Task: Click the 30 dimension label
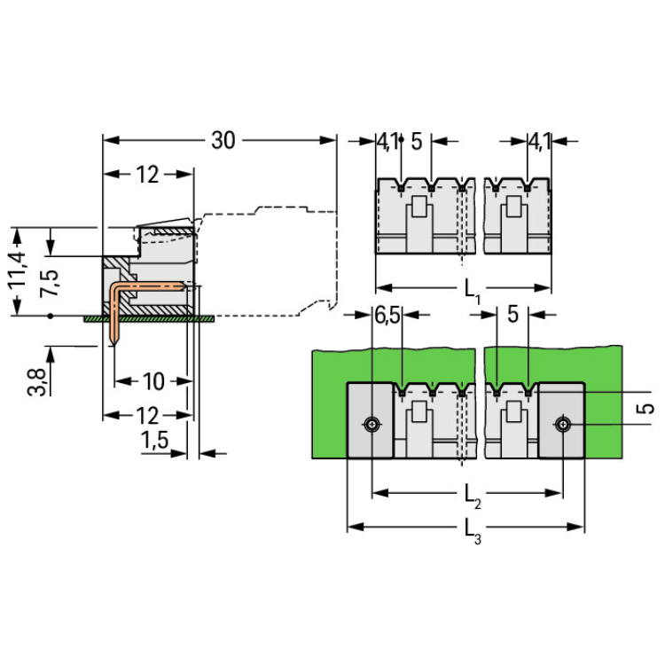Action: tap(223, 140)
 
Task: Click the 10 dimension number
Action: tap(153, 382)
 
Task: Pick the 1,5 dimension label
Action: tap(154, 441)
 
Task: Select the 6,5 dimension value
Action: tap(387, 315)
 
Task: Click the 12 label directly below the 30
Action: tap(147, 175)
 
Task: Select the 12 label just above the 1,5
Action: tap(147, 415)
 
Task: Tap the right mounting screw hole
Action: tap(564, 426)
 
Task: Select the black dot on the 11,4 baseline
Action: tap(51, 315)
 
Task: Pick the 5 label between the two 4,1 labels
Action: tap(416, 141)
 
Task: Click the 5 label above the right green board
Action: tap(512, 316)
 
